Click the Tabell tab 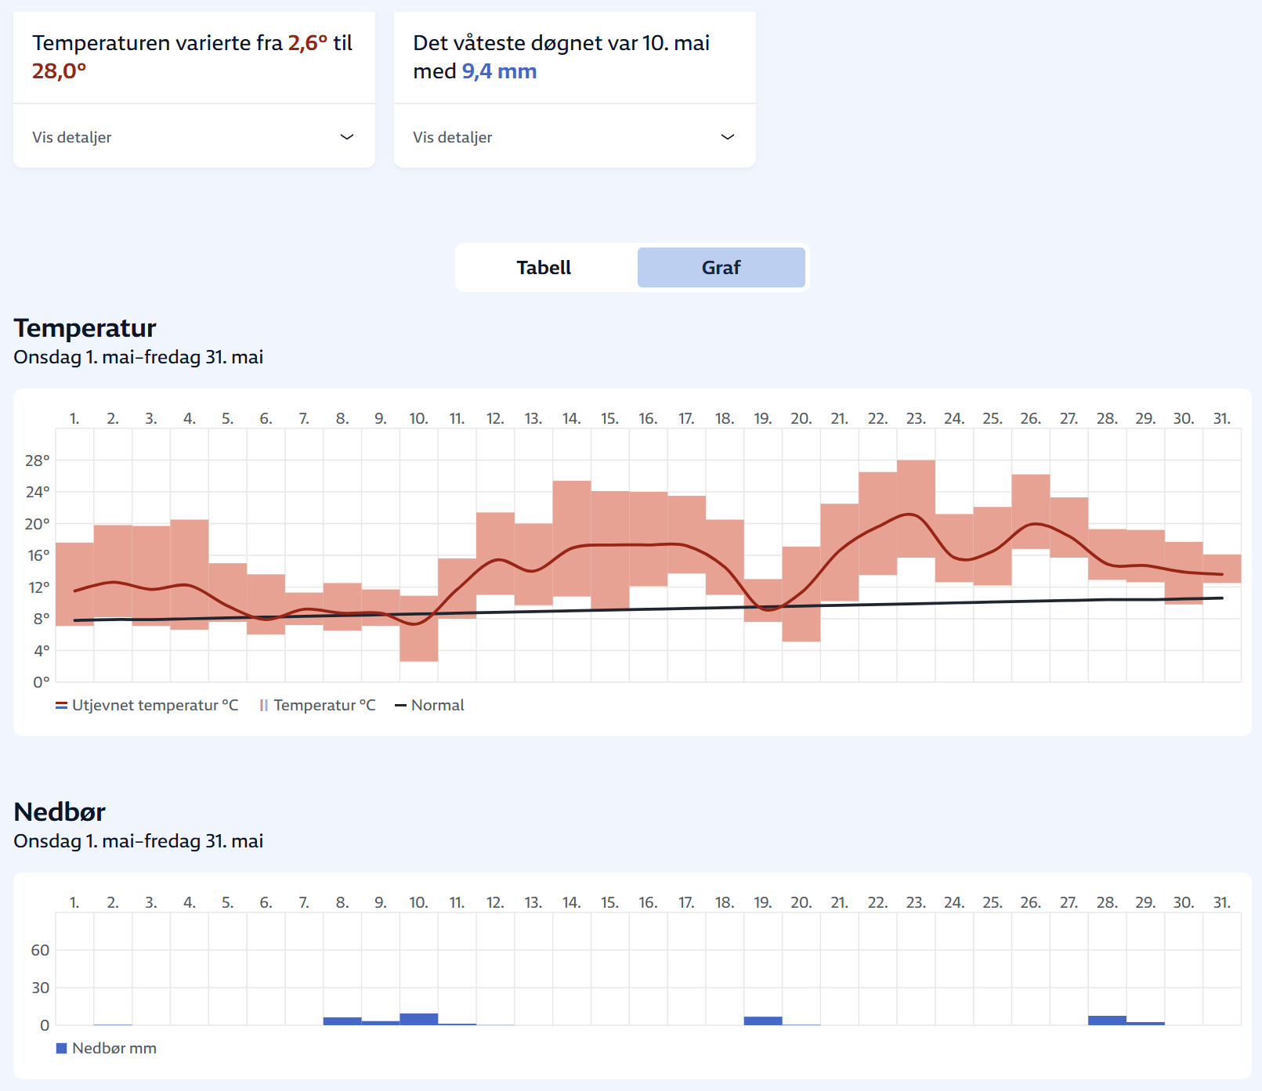coord(544,268)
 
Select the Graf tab coord(721,268)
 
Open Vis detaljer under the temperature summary coord(193,137)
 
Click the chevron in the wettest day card coord(728,137)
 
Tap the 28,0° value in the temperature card coord(59,71)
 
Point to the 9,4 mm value coord(499,71)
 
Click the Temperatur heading coord(85,328)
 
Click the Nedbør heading coord(60,812)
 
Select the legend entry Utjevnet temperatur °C coord(147,706)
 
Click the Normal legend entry coord(430,706)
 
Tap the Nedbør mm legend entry coord(107,1049)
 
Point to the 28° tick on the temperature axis coord(38,461)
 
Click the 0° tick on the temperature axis coord(42,682)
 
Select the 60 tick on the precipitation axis coord(40,950)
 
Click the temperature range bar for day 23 coord(916,509)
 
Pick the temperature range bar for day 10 coord(419,629)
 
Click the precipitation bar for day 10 coord(419,1019)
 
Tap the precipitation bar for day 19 coord(763,1021)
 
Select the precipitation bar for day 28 coord(1107,1021)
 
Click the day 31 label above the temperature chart coord(1221,419)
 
